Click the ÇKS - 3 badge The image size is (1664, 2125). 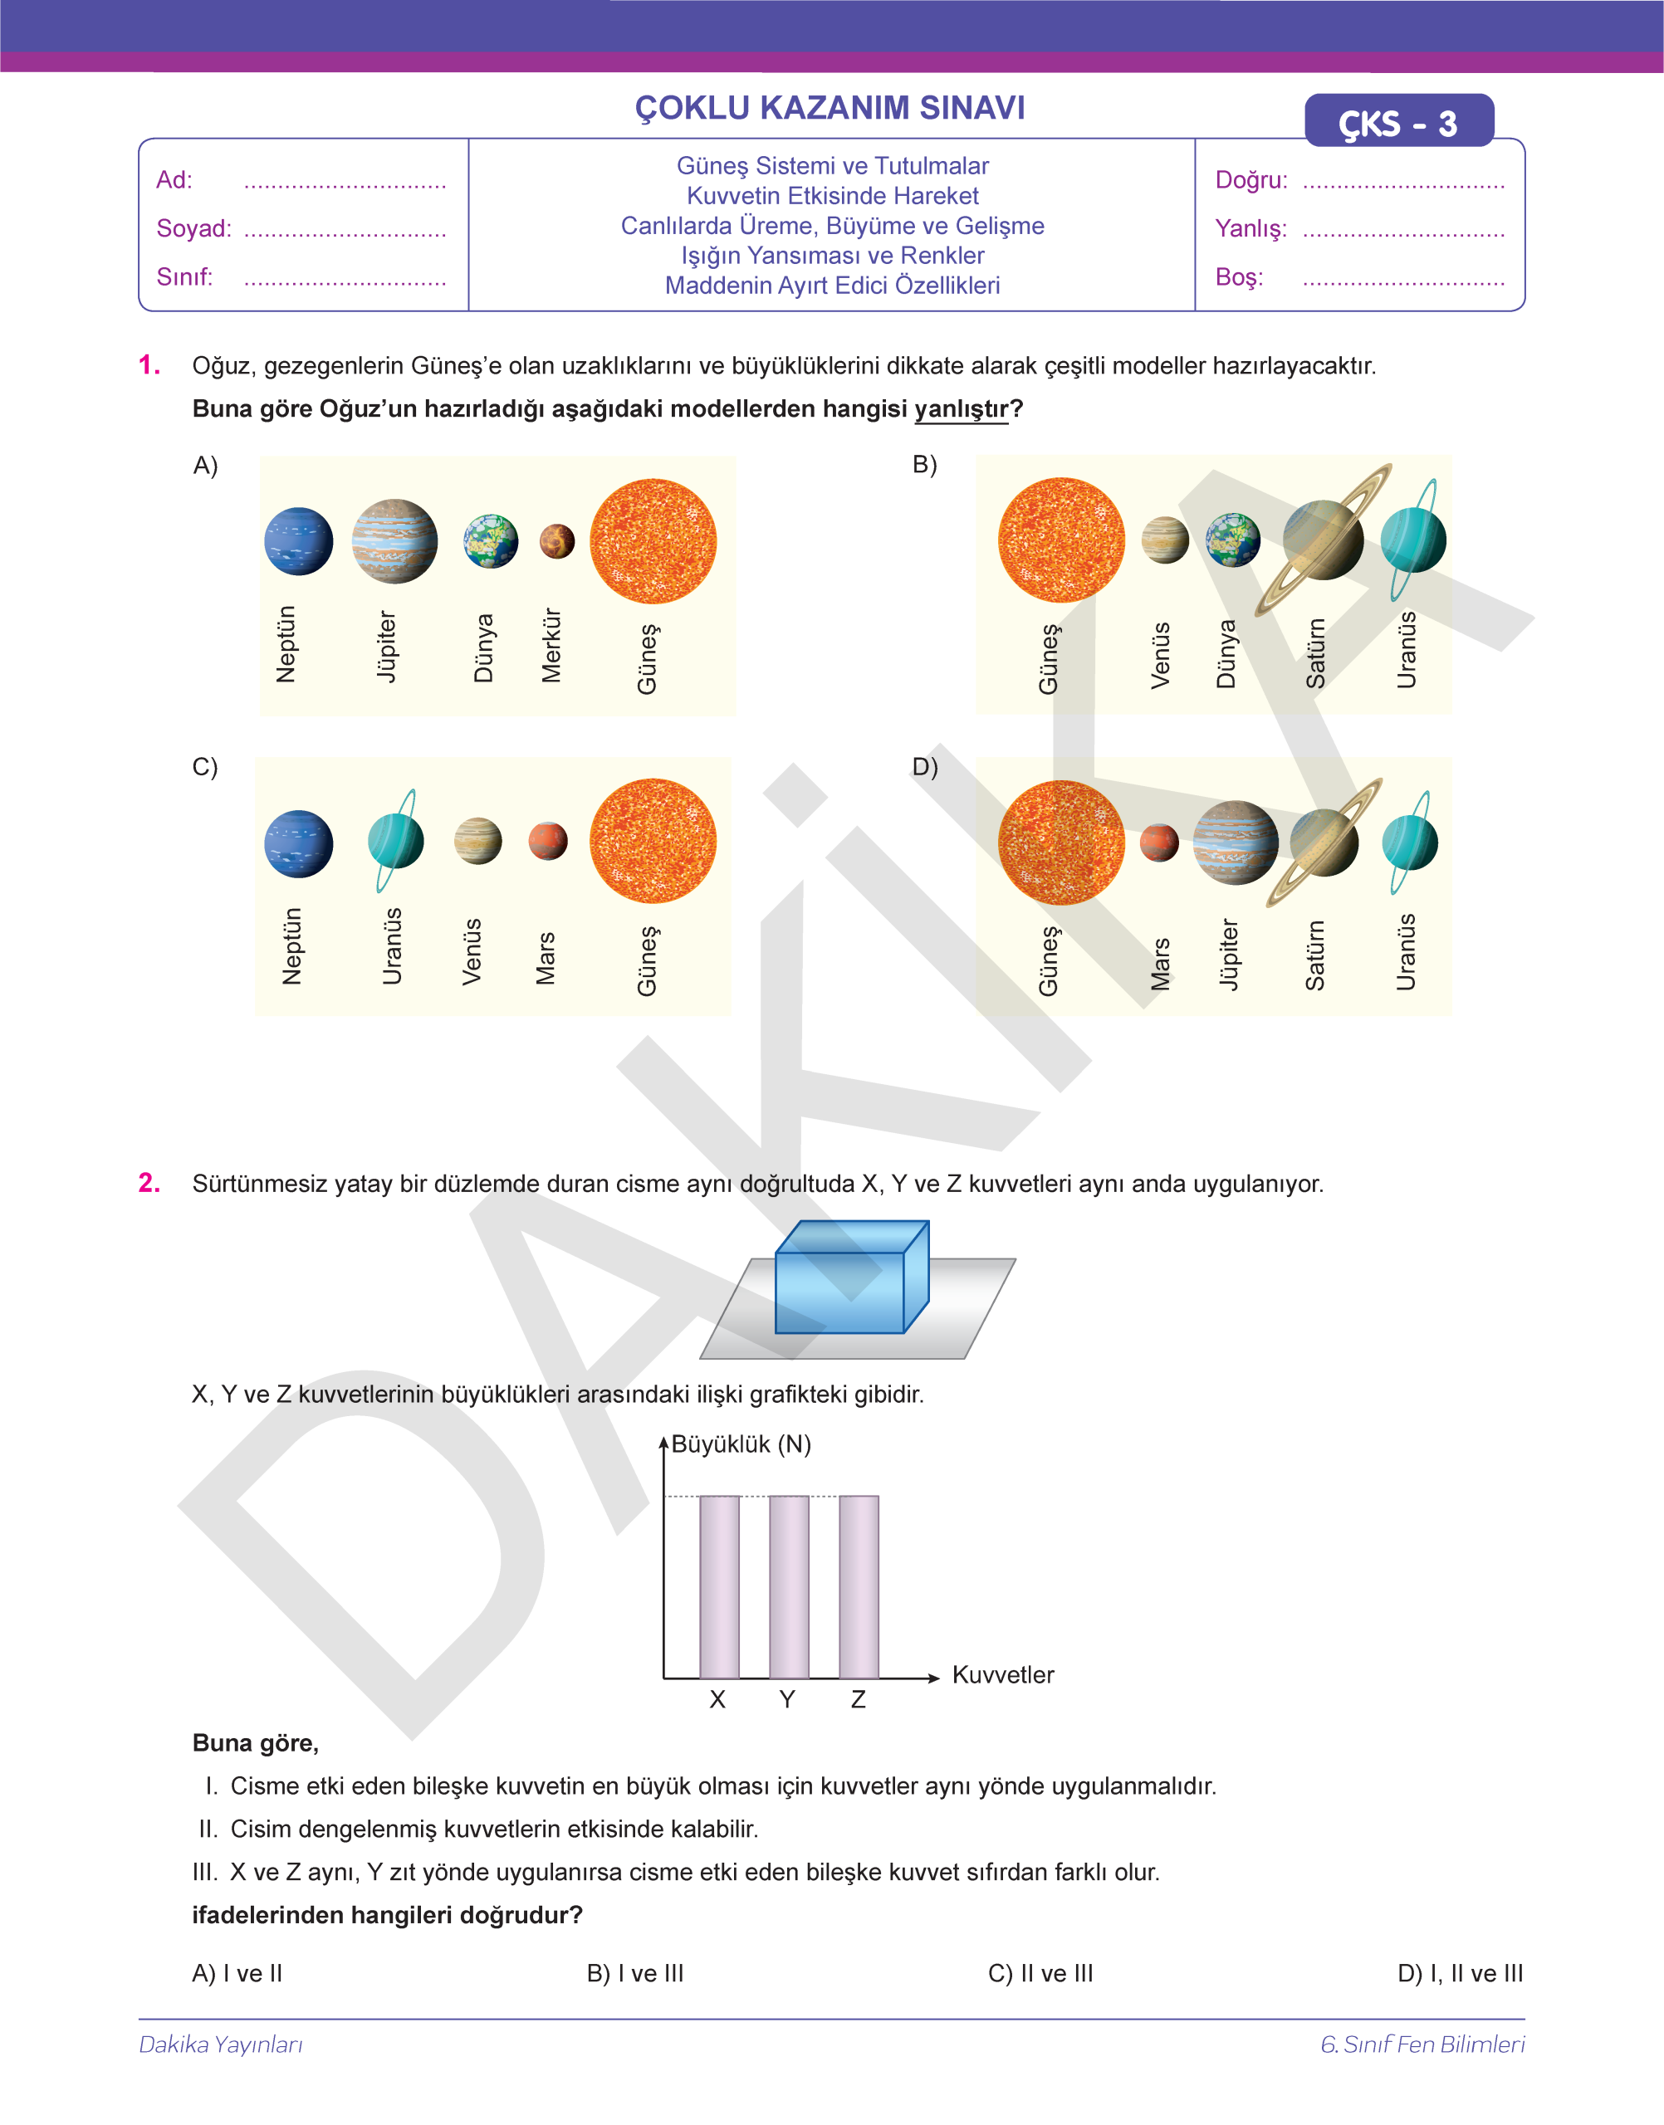1398,123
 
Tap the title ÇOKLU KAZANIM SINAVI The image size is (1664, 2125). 830,107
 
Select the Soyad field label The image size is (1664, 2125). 193,229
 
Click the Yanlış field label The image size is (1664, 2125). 1250,229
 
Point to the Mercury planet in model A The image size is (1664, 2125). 556,541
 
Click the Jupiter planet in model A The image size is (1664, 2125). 394,541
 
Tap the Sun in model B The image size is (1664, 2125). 1061,540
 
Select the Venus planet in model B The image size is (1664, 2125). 1165,540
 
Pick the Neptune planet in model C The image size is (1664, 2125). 298,843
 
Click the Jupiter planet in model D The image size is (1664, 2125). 1236,843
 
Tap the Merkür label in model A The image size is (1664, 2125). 551,646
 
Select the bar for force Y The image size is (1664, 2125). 788,1586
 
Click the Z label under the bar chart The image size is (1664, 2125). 858,1699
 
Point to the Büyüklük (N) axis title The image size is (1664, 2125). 741,1444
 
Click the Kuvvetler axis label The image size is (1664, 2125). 1002,1675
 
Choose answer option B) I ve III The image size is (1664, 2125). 635,1973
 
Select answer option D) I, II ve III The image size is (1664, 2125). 1460,1973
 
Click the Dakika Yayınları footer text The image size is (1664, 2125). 221,2044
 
